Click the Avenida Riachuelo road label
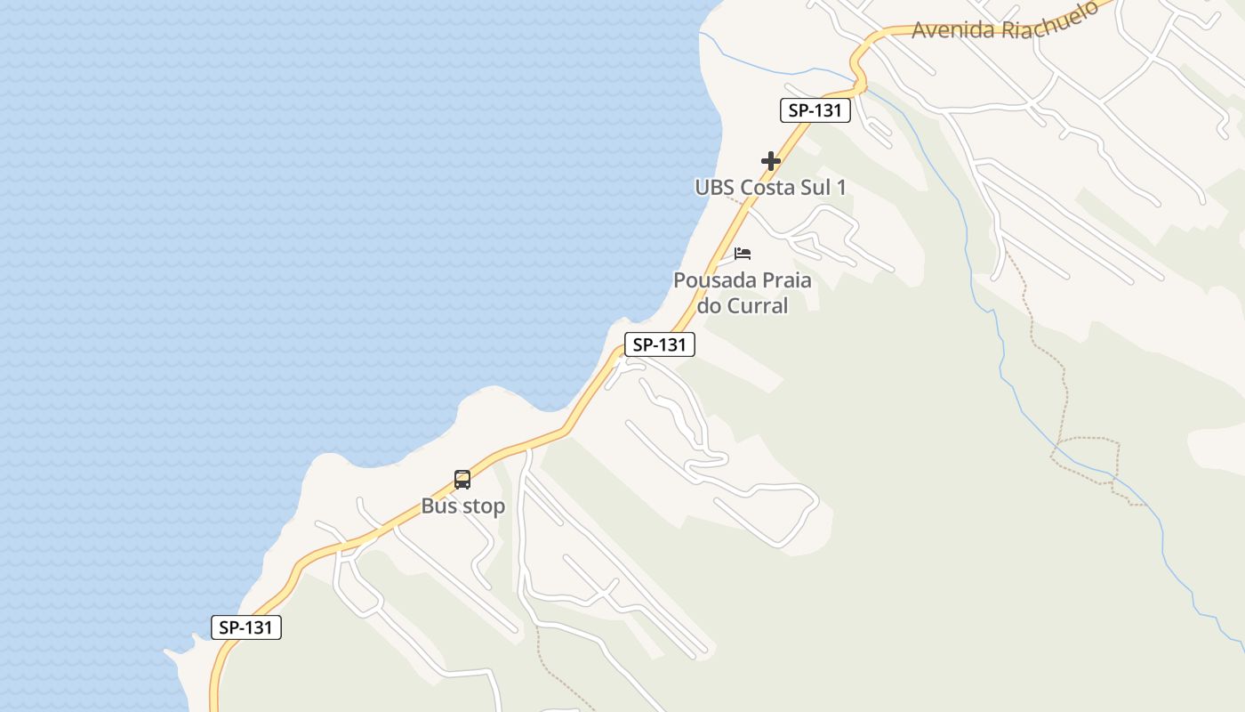(x=1005, y=23)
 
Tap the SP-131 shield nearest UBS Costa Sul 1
(x=815, y=110)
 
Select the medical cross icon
(x=771, y=161)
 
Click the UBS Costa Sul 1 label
(x=770, y=187)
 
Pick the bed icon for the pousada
(x=743, y=254)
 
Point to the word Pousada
(x=709, y=280)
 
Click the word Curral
(x=757, y=305)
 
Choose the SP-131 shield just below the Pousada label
(x=659, y=344)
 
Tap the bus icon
(x=462, y=480)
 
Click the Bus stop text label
(x=462, y=506)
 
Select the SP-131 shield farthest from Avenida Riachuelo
(x=246, y=627)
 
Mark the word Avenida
(x=952, y=29)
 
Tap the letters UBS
(x=714, y=187)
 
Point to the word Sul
(x=813, y=187)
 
